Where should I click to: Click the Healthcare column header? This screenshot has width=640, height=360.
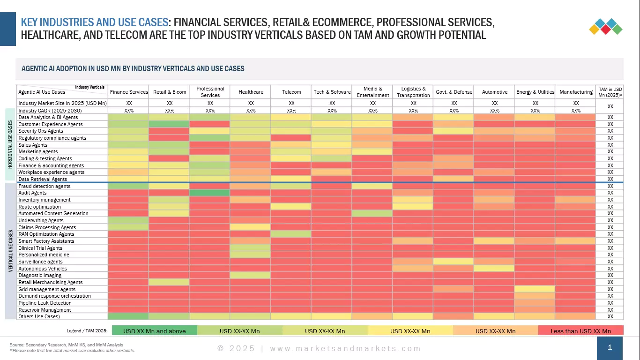[x=251, y=92]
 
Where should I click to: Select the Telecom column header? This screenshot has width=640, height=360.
[x=291, y=92]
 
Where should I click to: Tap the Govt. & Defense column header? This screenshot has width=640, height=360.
[x=454, y=92]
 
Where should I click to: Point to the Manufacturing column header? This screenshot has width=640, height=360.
[x=576, y=92]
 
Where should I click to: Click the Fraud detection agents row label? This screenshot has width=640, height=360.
[x=45, y=186]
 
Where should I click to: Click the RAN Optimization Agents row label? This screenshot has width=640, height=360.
[x=46, y=234]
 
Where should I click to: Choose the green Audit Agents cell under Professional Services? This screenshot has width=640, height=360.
[x=210, y=193]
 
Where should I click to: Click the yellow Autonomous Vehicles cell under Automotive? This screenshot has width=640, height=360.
[x=494, y=269]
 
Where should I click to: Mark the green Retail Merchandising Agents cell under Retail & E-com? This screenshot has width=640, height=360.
[x=169, y=282]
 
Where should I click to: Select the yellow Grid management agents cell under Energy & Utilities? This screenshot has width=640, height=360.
[x=535, y=289]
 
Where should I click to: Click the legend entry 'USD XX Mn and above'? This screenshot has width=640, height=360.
[x=154, y=331]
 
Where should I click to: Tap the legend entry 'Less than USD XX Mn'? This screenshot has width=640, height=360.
[x=580, y=331]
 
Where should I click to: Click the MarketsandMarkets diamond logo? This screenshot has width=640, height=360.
[x=605, y=26]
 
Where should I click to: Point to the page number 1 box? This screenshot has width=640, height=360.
[x=610, y=348]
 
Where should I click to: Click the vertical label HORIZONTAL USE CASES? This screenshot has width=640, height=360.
[x=10, y=144]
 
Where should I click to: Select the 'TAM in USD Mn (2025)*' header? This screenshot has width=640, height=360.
[x=610, y=92]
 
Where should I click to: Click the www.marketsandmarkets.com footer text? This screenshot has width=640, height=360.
[x=345, y=348]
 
